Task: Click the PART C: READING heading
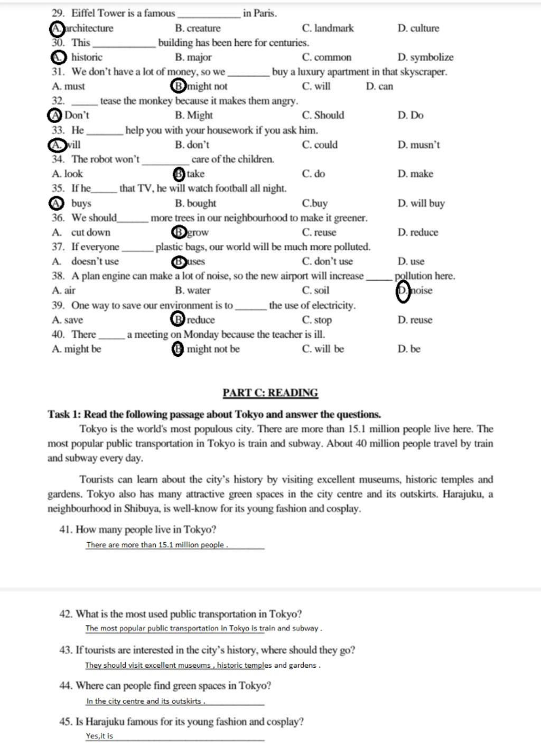[270, 393]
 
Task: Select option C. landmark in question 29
[328, 29]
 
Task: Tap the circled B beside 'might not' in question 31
[179, 86]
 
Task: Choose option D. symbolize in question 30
[425, 58]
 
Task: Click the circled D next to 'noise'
[403, 291]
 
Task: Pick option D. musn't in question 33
[418, 145]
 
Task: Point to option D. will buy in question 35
[421, 203]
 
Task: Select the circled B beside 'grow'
[179, 232]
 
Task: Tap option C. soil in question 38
[315, 290]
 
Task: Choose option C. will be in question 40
[323, 349]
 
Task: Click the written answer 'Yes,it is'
[99, 736]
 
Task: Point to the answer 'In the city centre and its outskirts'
[145, 701]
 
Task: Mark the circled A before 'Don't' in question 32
[54, 116]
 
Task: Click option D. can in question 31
[379, 87]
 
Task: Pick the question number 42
[66, 614]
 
